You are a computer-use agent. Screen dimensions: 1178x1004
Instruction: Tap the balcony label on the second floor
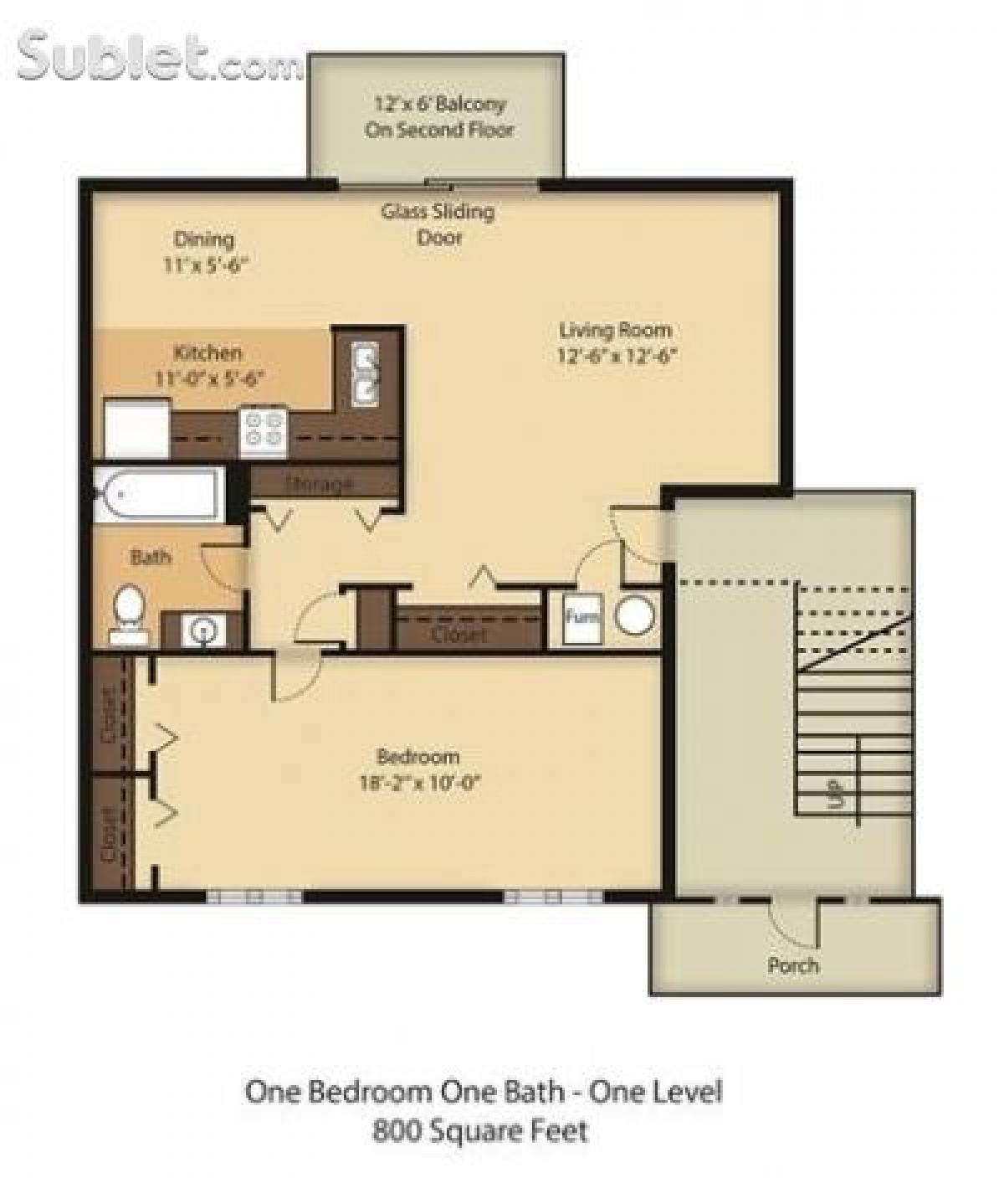tap(438, 117)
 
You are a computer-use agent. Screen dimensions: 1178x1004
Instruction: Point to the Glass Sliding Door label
tap(438, 224)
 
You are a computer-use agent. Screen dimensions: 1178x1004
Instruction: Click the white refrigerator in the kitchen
tap(136, 429)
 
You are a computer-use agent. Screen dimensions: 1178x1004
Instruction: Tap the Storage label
tap(319, 484)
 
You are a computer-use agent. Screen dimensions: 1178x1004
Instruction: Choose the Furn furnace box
tap(582, 618)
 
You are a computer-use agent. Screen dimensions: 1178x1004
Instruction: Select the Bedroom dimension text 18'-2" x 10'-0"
tap(418, 784)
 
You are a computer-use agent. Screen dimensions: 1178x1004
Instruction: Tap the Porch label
tap(792, 965)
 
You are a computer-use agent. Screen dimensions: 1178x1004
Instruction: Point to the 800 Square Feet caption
tap(480, 1132)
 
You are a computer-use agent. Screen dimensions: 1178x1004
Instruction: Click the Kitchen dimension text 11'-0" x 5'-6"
tap(209, 378)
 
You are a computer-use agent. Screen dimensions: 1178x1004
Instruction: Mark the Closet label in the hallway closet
tap(458, 635)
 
